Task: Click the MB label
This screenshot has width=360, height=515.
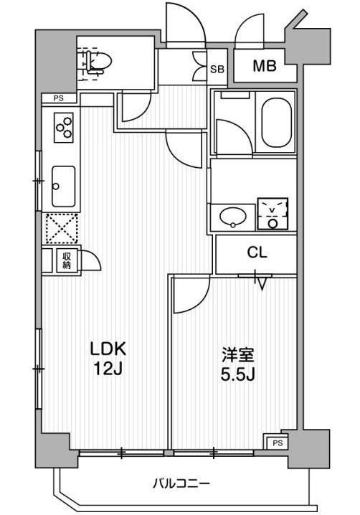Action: [x=264, y=66]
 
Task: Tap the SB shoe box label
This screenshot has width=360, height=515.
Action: [x=217, y=70]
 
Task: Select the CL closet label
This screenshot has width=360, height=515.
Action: [x=257, y=252]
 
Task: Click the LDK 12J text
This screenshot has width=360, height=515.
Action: [x=108, y=359]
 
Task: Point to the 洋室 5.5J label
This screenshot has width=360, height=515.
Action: [x=238, y=364]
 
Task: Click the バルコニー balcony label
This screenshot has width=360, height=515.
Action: [x=181, y=483]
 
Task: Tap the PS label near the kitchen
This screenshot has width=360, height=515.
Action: [x=59, y=98]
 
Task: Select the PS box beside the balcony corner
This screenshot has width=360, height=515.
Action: [x=277, y=443]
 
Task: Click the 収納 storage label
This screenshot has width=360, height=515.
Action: [x=67, y=261]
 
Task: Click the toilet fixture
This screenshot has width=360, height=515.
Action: [x=97, y=62]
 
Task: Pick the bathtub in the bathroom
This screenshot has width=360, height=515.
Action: [x=276, y=124]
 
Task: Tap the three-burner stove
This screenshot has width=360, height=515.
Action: [x=64, y=127]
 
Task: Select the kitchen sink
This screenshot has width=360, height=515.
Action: [x=63, y=186]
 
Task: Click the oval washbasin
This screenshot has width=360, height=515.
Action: [x=233, y=217]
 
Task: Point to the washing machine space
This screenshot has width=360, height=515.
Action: [x=273, y=214]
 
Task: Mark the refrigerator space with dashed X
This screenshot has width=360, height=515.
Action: [x=62, y=229]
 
